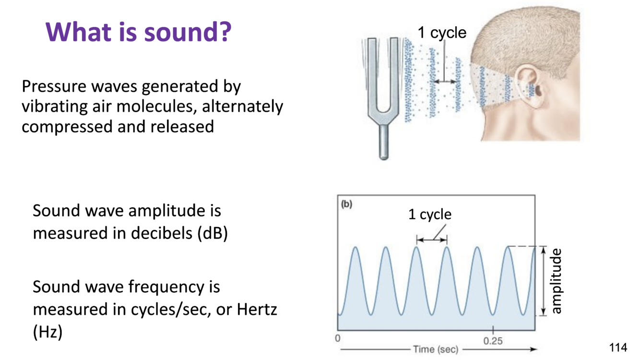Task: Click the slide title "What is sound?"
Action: (x=139, y=32)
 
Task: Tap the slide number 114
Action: (x=618, y=347)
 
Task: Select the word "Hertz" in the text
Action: (x=257, y=309)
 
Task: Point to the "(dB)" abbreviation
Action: (x=213, y=233)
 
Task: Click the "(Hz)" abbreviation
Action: (x=47, y=332)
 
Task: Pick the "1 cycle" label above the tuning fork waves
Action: (x=442, y=33)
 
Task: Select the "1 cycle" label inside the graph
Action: (x=430, y=214)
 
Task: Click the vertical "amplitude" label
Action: (x=556, y=281)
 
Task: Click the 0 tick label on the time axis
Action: (x=338, y=338)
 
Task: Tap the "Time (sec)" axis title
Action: (x=436, y=349)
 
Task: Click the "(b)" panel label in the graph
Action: (x=346, y=204)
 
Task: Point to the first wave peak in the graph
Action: (x=356, y=248)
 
